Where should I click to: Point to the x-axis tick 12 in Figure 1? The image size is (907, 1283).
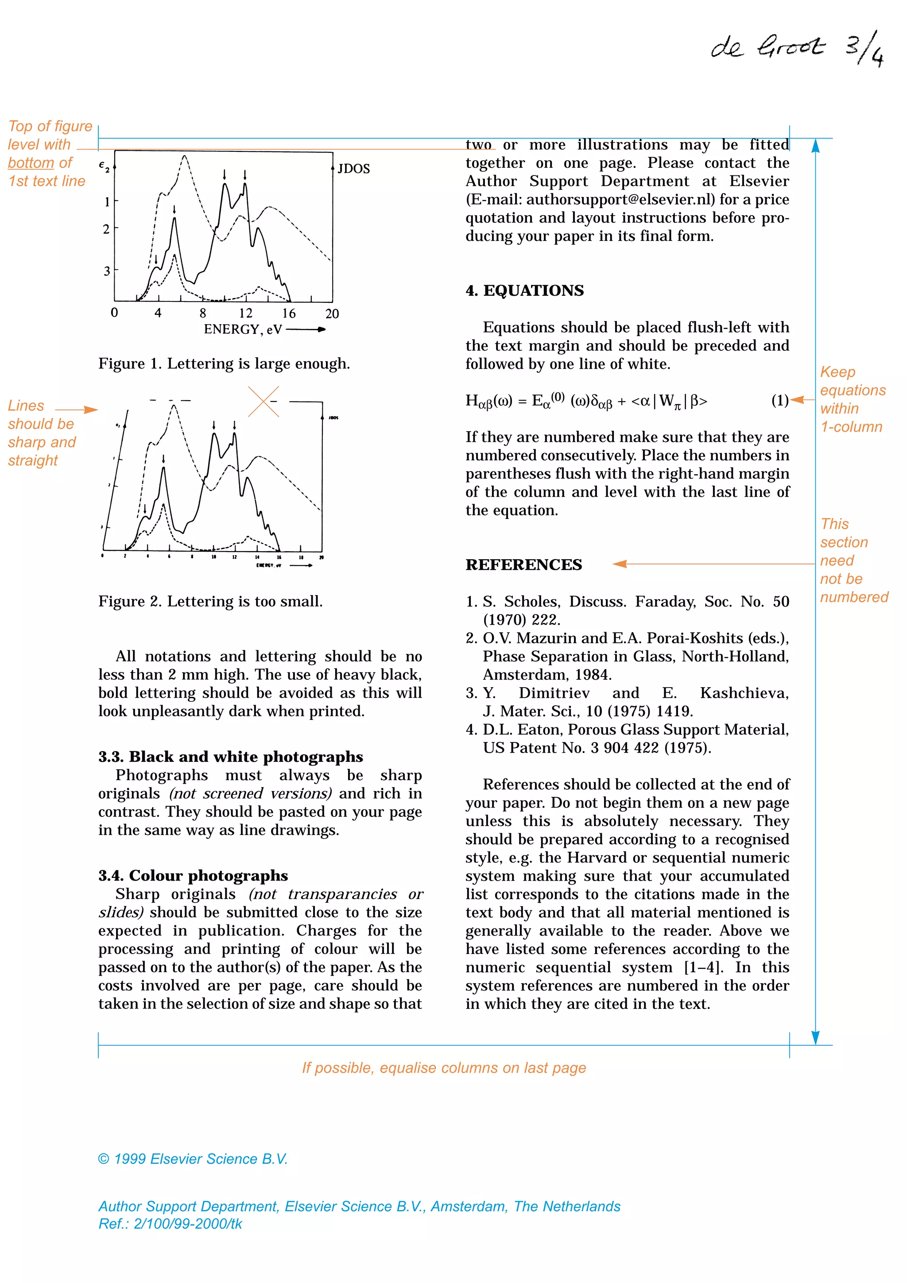point(245,313)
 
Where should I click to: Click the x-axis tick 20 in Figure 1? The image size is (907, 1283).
point(332,314)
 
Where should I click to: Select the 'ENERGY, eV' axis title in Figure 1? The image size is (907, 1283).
point(243,330)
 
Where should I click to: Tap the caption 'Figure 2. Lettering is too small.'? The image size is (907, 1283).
point(211,601)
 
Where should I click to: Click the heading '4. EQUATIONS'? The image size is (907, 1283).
point(524,290)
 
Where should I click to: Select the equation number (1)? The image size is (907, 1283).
point(779,400)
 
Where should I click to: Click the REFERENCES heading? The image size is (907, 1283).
point(523,565)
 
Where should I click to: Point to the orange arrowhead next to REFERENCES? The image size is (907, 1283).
point(620,564)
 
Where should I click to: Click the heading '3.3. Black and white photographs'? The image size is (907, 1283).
point(230,757)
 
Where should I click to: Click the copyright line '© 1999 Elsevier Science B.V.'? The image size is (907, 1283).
point(193,1159)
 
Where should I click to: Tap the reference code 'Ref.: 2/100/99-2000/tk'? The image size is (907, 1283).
point(170,1224)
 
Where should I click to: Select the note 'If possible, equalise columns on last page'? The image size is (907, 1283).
point(444,1068)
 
